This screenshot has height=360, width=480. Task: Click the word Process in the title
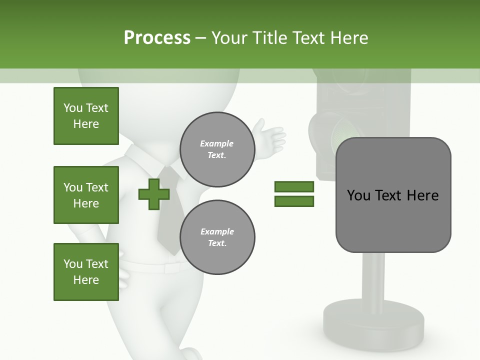click(157, 38)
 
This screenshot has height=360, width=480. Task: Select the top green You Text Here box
click(86, 116)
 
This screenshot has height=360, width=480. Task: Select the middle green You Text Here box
click(86, 195)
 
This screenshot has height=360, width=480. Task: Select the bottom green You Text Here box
click(86, 272)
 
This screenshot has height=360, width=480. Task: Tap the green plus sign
click(154, 194)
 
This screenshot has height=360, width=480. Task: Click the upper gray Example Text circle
click(217, 149)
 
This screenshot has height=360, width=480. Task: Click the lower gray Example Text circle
click(217, 237)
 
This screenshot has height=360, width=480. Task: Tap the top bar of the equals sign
click(294, 186)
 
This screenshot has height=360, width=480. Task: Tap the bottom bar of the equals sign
click(294, 201)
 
